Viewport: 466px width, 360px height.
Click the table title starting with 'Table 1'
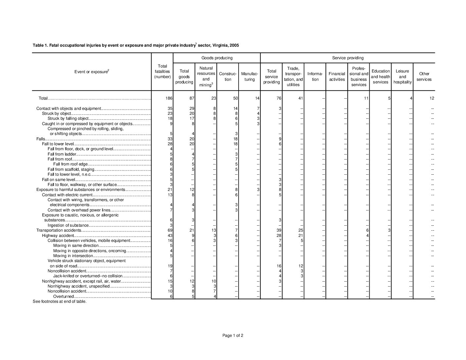[136, 45]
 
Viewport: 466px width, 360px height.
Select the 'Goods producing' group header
[217, 58]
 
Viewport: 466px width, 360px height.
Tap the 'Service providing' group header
[348, 58]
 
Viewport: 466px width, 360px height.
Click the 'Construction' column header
[228, 77]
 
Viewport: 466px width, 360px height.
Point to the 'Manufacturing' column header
[250, 77]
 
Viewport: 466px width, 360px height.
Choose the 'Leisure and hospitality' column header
[402, 76]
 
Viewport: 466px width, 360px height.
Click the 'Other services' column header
[424, 76]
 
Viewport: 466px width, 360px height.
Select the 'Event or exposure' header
[92, 72]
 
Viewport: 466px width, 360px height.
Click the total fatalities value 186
[168, 98]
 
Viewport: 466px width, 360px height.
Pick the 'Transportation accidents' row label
[59, 230]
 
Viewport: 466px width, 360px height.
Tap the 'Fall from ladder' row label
[62, 154]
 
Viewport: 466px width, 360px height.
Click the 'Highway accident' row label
[55, 235]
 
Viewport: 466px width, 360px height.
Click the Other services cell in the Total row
[432, 98]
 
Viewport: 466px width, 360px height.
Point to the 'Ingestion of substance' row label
[68, 225]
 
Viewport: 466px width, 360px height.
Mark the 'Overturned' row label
[63, 296]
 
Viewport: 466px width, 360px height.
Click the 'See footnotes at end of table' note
[60, 301]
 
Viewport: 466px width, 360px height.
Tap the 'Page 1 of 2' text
[233, 336]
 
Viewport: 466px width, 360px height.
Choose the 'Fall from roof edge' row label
[70, 164]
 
